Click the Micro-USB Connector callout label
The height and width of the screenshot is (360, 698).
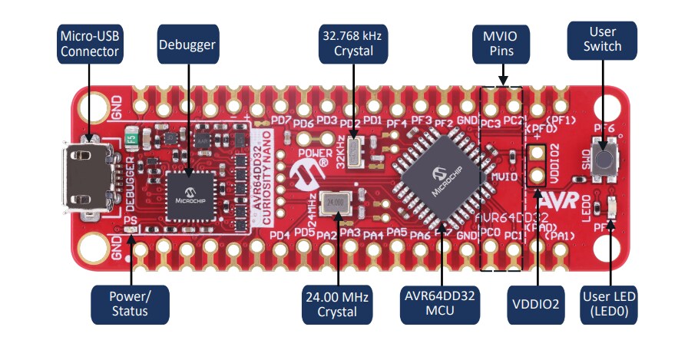89,44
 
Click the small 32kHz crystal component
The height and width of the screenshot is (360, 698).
352,151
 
